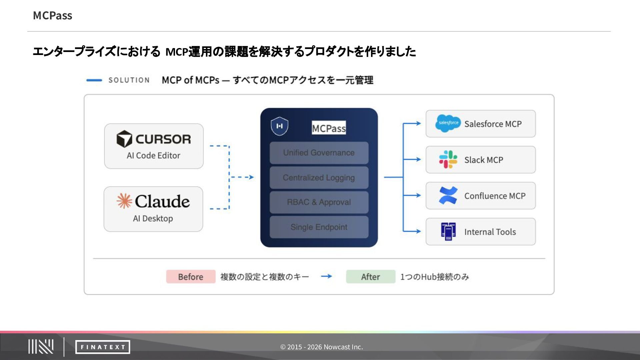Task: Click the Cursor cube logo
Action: tap(124, 139)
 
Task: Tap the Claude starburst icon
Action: tap(124, 201)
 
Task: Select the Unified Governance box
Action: tap(319, 153)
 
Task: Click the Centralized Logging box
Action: tap(319, 178)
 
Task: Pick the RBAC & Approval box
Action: tap(319, 202)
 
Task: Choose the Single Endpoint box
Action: tap(319, 227)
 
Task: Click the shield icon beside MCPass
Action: tap(279, 126)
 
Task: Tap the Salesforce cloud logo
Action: tap(448, 123)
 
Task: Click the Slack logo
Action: tap(448, 159)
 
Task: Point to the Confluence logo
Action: tap(448, 195)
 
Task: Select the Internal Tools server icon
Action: tap(448, 231)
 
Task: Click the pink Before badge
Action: tap(191, 277)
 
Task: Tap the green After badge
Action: tap(370, 277)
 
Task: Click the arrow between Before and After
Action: tap(326, 276)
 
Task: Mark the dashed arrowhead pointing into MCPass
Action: tap(251, 177)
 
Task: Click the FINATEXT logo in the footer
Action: tap(103, 347)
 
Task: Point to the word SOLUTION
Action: tap(129, 80)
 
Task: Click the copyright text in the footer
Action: tap(321, 347)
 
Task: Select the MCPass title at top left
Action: tap(53, 16)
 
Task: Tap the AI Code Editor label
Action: tap(153, 156)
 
